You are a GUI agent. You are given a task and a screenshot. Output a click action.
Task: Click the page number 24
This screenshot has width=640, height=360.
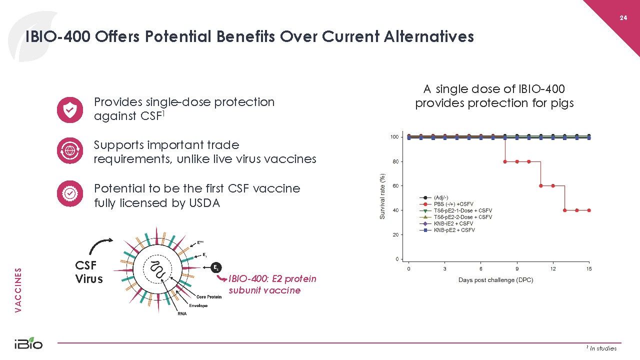[623, 18]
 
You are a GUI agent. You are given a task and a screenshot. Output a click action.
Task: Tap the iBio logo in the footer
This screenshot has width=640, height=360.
[28, 343]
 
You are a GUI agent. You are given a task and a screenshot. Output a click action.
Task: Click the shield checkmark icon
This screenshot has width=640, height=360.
[70, 110]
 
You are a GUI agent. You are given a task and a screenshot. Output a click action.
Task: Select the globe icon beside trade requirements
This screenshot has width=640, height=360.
[70, 150]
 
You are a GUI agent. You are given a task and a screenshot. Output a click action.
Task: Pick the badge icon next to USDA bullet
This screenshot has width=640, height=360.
[70, 193]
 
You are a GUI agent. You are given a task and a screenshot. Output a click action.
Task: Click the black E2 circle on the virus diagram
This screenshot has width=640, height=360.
[216, 267]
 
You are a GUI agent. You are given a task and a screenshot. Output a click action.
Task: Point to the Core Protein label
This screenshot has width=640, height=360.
[209, 297]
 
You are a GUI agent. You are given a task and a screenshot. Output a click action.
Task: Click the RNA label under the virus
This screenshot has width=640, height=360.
[182, 313]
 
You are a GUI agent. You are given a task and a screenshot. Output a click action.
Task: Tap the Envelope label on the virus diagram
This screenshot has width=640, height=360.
[198, 305]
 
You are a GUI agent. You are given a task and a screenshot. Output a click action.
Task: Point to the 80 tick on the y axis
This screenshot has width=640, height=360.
[395, 161]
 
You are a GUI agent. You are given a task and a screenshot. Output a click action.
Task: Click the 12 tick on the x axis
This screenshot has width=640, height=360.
[553, 268]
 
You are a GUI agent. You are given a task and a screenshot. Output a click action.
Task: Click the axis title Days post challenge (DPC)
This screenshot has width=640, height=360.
[495, 280]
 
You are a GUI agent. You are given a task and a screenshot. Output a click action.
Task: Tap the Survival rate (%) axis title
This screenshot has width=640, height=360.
[382, 196]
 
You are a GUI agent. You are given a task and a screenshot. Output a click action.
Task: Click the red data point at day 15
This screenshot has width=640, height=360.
[589, 210]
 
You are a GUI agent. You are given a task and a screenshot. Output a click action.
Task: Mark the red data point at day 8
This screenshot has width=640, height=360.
[505, 161]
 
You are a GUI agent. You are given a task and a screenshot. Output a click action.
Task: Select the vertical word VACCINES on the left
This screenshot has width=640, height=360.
[18, 290]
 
